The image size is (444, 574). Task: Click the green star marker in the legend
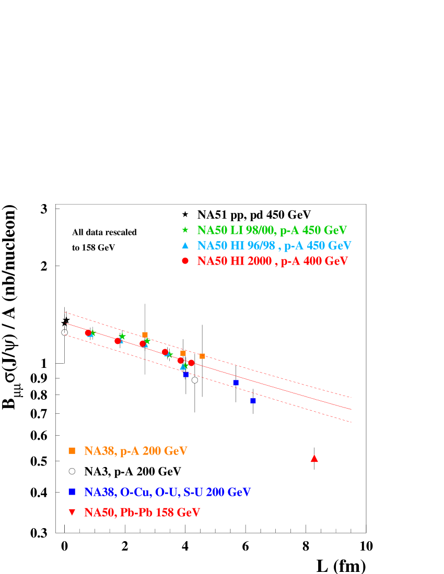(x=185, y=230)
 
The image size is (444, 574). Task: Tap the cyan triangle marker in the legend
(x=185, y=245)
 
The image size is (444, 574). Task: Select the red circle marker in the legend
(x=185, y=261)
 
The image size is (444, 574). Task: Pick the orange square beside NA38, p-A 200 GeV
(x=72, y=450)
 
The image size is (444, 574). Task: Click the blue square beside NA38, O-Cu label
(x=72, y=492)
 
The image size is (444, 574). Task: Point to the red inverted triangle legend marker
(x=72, y=512)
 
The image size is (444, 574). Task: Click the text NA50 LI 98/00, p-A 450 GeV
(x=272, y=230)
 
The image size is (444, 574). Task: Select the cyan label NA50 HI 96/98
(x=236, y=246)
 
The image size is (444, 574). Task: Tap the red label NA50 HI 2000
(x=234, y=261)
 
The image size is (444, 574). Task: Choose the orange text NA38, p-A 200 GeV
(x=135, y=451)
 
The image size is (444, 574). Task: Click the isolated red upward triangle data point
(x=314, y=458)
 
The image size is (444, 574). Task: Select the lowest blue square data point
(x=253, y=401)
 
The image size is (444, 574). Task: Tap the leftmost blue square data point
(x=186, y=375)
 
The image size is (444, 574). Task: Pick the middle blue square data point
(x=236, y=382)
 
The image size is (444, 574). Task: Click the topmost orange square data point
(x=145, y=334)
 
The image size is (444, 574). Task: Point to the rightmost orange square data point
(x=202, y=356)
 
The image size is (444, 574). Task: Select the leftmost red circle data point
(x=88, y=332)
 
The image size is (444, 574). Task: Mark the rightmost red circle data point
(x=191, y=363)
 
